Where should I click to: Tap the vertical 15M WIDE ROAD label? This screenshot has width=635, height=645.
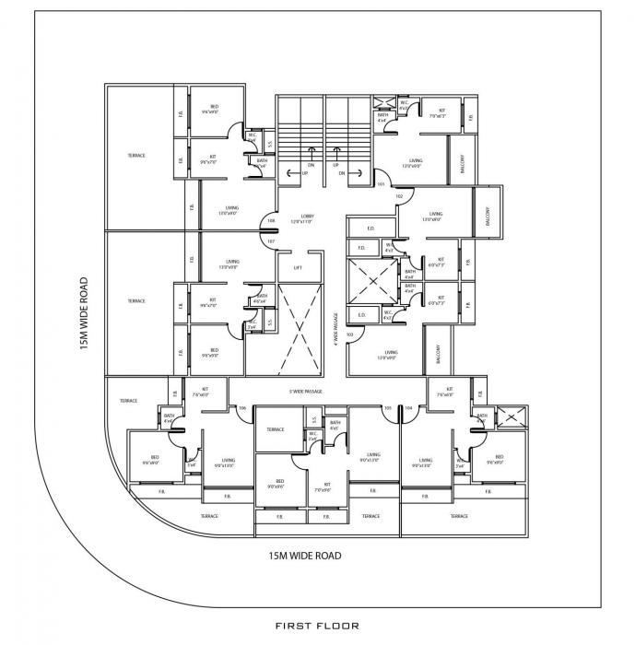(84, 313)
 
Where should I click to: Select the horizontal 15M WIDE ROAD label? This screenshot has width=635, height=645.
(304, 555)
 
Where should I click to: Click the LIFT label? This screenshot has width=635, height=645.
(297, 268)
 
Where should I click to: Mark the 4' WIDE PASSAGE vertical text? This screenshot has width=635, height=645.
(336, 328)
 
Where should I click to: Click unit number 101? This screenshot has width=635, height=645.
(381, 183)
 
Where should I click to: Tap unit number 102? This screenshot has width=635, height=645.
(399, 196)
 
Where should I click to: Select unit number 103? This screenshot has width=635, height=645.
(350, 334)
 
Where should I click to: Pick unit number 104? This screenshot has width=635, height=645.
(408, 407)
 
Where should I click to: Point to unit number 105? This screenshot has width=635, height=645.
(388, 407)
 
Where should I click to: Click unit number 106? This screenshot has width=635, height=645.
(242, 407)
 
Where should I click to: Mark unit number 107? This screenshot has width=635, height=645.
(270, 241)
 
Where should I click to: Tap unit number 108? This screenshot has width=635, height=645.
(270, 220)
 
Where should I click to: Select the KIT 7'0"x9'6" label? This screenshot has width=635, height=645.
(322, 487)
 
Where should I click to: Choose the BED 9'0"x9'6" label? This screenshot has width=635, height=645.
(276, 483)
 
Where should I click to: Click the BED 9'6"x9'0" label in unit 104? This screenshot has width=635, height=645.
(498, 460)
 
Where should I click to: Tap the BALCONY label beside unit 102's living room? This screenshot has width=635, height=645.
(488, 215)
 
